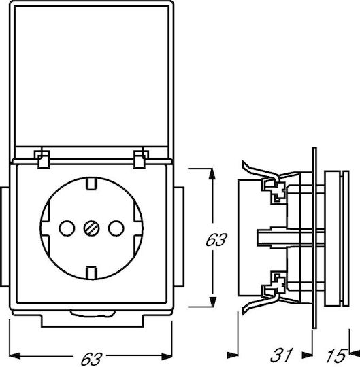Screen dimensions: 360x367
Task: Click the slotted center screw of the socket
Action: pos(91,228)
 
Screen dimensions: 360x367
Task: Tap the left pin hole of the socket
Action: pos(67,228)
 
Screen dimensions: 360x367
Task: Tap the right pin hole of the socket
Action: pos(116,228)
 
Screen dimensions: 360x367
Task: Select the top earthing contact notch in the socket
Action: pos(91,184)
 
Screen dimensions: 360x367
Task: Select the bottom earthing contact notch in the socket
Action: pos(91,273)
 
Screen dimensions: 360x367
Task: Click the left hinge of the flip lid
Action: pos(42,158)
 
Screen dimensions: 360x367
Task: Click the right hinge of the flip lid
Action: pos(141,158)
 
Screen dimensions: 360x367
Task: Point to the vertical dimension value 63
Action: pos(216,240)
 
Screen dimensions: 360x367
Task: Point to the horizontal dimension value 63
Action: pos(91,359)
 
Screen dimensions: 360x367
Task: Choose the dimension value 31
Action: pos(282,355)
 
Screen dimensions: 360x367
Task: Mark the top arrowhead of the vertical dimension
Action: pos(212,174)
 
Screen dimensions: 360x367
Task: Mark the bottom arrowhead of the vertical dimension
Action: pos(212,301)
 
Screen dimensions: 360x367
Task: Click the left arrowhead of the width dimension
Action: pos(14,356)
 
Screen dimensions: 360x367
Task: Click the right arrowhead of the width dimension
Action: pos(167,357)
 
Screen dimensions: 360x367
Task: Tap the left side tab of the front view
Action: pos(5,237)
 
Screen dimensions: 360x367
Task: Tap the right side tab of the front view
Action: pos(179,237)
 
